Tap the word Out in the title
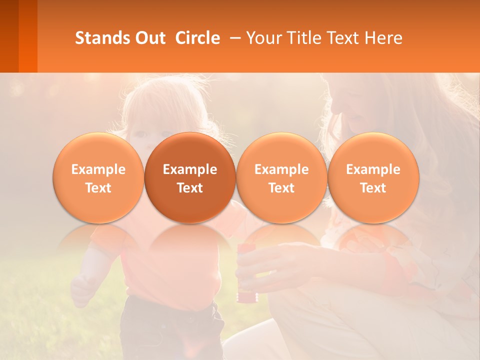(148, 38)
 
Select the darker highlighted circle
(190, 177)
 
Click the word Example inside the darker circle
(190, 169)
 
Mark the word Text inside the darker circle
(190, 188)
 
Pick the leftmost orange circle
(98, 177)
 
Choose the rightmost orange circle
(373, 177)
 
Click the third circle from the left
(281, 177)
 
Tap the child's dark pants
(170, 330)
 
